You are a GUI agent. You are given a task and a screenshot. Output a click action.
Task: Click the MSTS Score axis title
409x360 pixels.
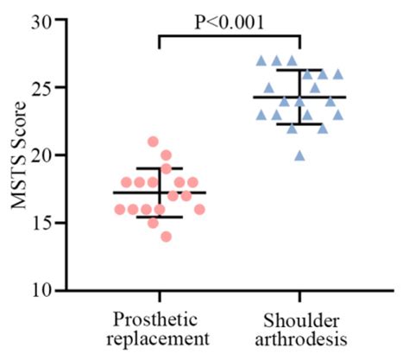pos(20,155)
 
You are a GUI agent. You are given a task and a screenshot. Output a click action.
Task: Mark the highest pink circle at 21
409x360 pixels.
pos(153,142)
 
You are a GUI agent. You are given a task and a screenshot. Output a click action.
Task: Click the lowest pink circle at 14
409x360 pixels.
pos(166,236)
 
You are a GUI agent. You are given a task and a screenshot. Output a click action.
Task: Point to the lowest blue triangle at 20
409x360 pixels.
pos(299,155)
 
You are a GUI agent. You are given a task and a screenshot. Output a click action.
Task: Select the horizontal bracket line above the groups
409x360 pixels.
pos(229,35)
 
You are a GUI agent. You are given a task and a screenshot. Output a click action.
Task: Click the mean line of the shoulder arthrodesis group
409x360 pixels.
pos(299,98)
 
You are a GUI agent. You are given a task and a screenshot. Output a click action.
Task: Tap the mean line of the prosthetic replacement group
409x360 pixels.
pos(160,193)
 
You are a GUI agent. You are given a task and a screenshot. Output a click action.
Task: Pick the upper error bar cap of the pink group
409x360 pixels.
pos(160,168)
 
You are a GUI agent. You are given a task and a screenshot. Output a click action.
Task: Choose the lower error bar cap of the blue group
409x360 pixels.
pos(299,124)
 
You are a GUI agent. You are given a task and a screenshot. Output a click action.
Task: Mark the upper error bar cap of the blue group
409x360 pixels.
pos(299,70)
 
